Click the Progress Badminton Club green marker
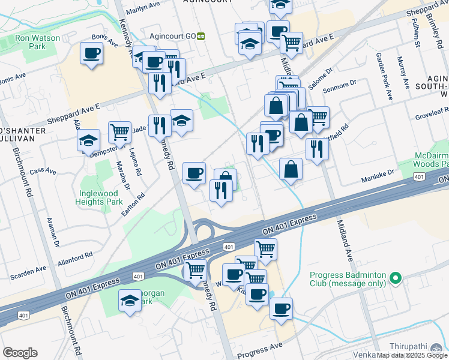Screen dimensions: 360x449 (x=395, y=278)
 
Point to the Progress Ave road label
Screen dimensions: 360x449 (x=259, y=348)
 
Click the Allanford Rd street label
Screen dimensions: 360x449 (x=75, y=256)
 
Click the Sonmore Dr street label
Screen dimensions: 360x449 (x=340, y=88)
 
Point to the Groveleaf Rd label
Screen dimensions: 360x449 (x=427, y=110)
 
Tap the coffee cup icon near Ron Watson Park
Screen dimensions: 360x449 (x=91, y=53)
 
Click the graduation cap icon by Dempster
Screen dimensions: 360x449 (x=89, y=141)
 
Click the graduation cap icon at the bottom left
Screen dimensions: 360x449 (x=130, y=301)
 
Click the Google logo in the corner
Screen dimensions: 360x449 (x=20, y=353)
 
